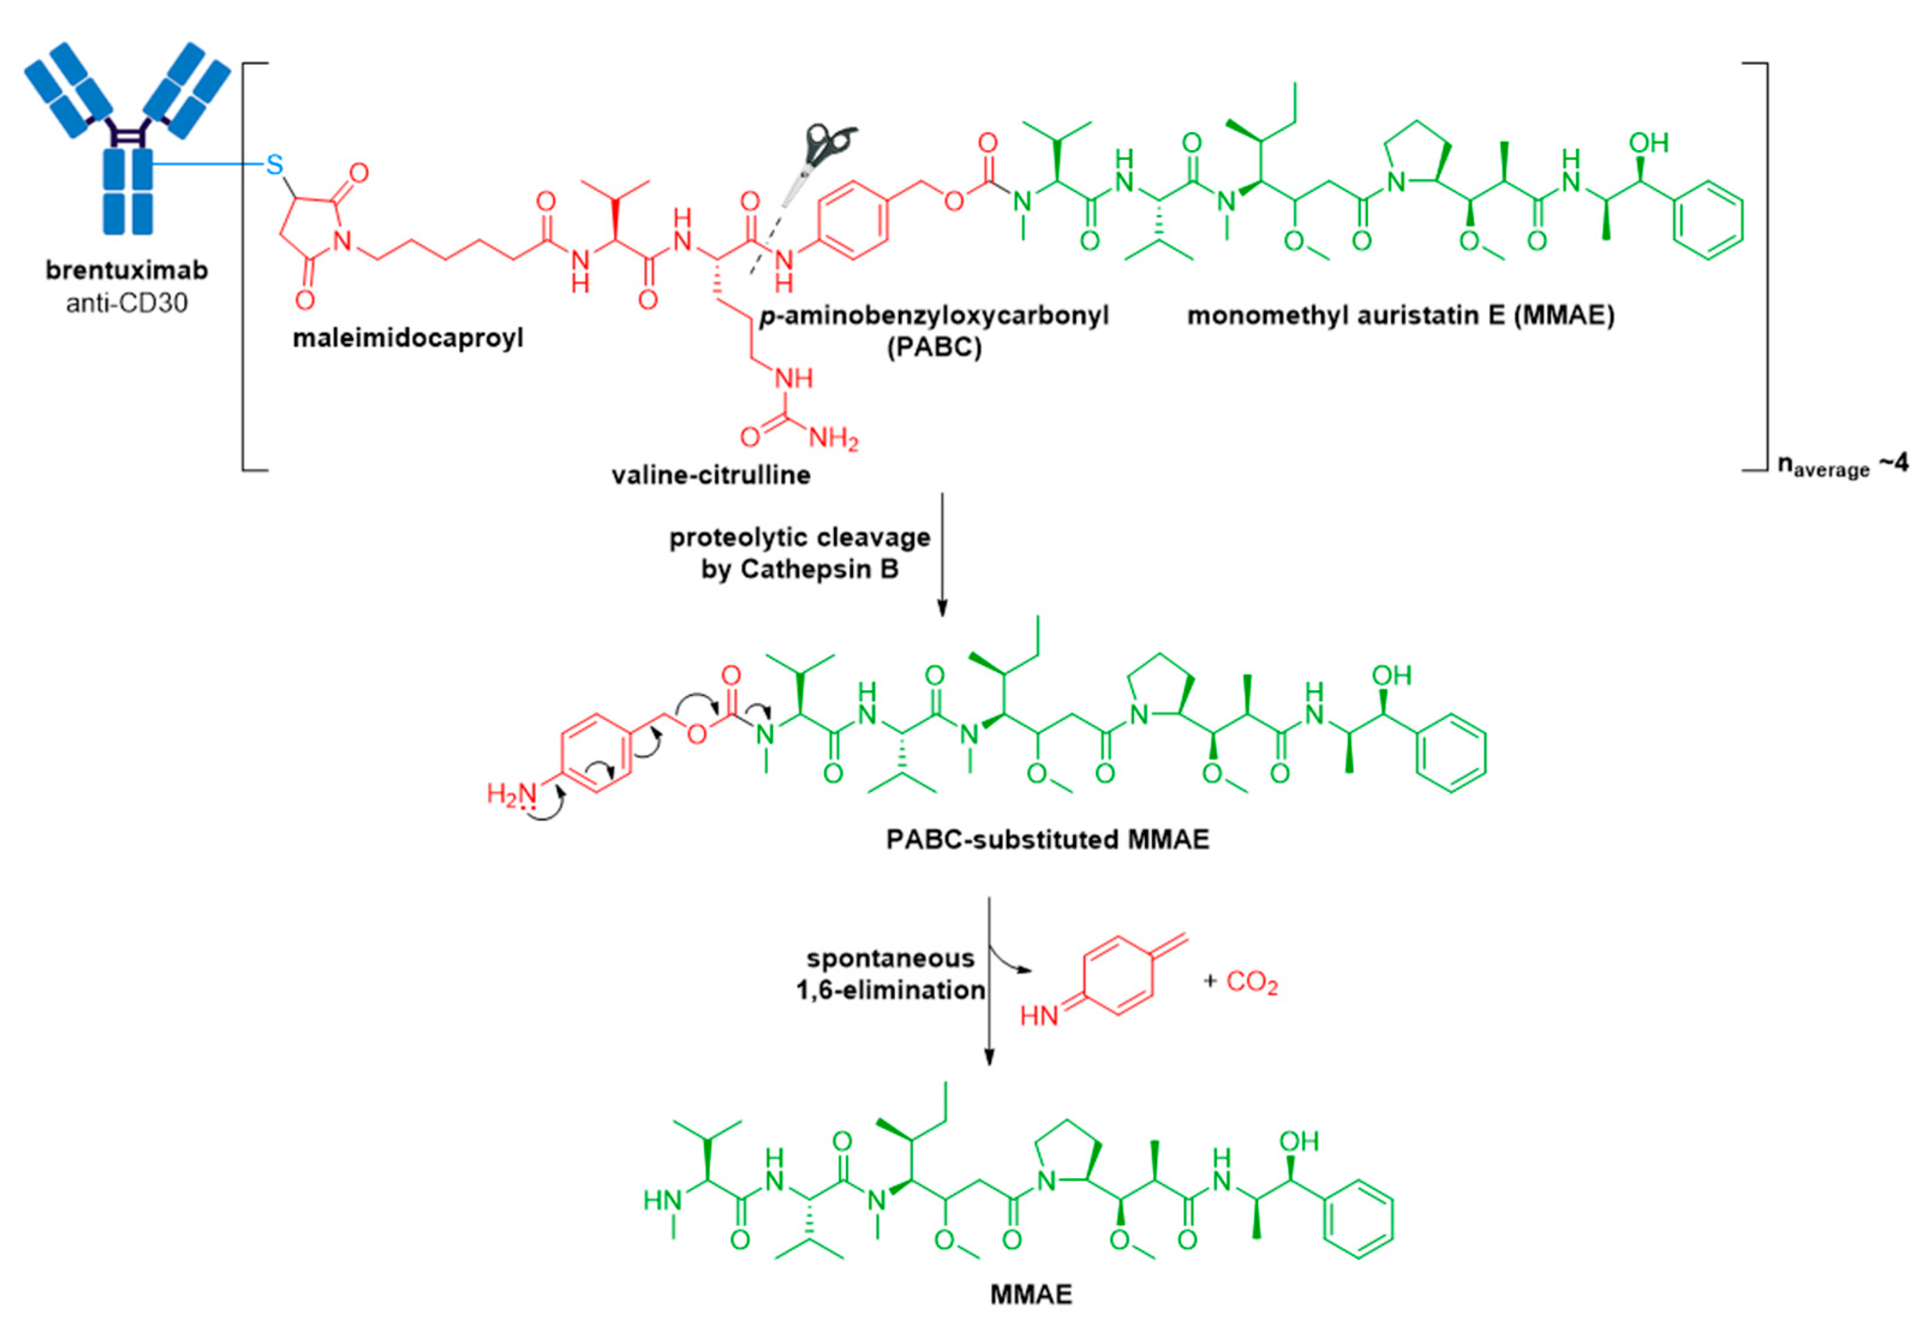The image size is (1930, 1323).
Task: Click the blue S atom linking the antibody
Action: (x=274, y=165)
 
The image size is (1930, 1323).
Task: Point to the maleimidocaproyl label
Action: (x=408, y=339)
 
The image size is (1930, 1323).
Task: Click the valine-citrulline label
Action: (x=711, y=475)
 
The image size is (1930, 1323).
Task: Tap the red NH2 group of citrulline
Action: (x=833, y=438)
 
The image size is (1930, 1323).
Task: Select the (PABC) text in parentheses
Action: (x=934, y=347)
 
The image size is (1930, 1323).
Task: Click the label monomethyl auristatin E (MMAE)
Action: (x=1400, y=316)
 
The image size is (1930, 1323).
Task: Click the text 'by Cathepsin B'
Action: (x=800, y=570)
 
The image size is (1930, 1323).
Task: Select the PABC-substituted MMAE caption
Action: (x=1047, y=840)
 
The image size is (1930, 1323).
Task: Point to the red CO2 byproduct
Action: (x=1251, y=982)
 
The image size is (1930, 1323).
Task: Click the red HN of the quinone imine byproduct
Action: (x=1039, y=1015)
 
